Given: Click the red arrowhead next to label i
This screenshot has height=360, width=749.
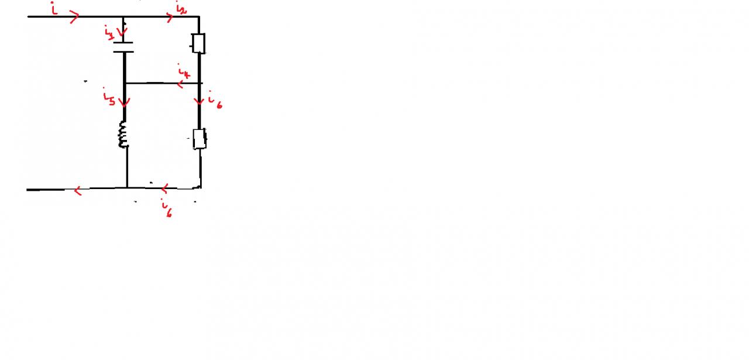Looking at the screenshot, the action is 74,18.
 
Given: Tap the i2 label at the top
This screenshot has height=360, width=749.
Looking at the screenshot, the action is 180,8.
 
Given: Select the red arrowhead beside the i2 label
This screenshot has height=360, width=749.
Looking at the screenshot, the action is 170,18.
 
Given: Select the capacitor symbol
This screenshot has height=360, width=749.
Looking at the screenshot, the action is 123,47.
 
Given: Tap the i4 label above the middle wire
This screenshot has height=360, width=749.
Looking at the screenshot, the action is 184,73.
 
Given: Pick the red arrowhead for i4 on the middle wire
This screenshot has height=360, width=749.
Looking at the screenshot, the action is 181,84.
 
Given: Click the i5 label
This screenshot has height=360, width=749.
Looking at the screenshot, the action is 108,97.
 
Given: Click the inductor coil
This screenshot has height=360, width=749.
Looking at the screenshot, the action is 123,135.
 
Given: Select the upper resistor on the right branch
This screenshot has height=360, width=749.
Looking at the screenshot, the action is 199,43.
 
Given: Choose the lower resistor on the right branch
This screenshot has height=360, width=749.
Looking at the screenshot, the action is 200,139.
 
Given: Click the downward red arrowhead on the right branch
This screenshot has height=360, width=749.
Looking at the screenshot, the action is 200,101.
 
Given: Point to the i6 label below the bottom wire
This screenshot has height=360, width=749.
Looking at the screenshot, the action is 168,210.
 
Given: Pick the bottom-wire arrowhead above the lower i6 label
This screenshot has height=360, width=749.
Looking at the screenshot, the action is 165,188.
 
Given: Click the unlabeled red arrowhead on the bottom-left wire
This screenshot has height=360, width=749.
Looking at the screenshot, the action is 77,190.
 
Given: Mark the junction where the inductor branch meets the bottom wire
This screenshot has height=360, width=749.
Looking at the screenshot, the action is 127,188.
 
